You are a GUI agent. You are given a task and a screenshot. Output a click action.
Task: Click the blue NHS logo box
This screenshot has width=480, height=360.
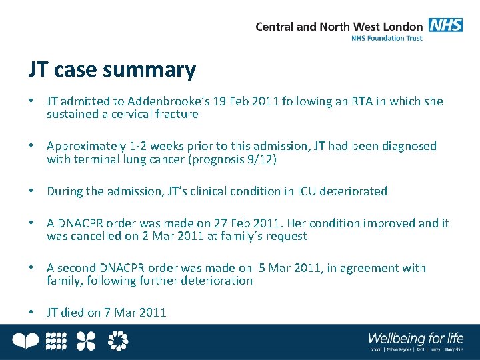[445, 25]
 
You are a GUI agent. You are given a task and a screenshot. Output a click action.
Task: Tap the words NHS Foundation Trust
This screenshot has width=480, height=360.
[387, 39]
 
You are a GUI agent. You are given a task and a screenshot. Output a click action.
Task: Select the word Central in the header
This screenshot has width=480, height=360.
[275, 27]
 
